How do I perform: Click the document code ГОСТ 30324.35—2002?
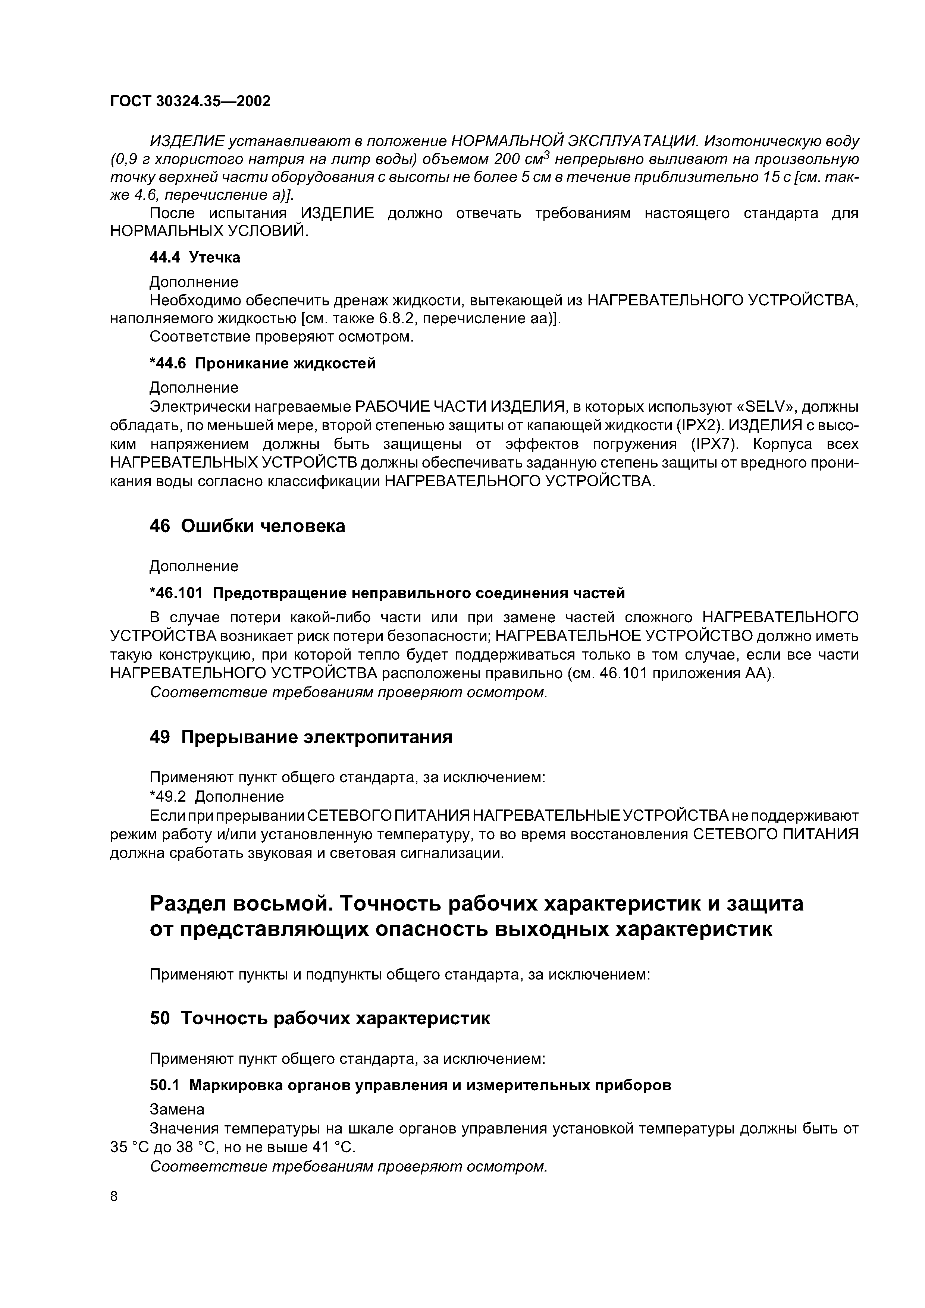point(190,101)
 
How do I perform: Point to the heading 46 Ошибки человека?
point(247,526)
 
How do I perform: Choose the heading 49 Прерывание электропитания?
point(300,737)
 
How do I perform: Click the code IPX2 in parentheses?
point(699,425)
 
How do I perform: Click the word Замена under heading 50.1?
point(177,1109)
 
